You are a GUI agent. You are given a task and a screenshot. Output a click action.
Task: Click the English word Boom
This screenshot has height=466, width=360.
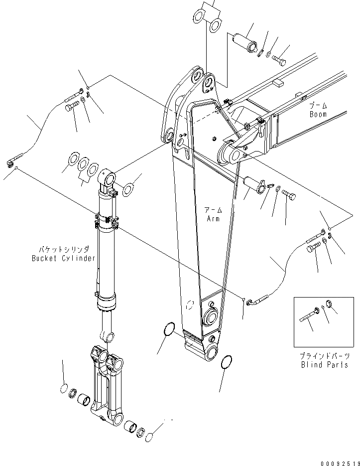click(318, 114)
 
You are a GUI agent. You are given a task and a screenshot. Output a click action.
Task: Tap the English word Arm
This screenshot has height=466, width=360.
click(213, 218)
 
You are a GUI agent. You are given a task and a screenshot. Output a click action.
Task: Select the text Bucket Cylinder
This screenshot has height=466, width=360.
click(63, 258)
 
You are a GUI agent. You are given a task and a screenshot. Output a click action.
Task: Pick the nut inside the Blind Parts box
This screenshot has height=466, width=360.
click(329, 304)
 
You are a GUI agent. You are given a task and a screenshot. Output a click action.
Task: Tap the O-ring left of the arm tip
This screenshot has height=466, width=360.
click(169, 329)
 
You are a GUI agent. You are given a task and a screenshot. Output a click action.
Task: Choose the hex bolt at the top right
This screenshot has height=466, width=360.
click(279, 61)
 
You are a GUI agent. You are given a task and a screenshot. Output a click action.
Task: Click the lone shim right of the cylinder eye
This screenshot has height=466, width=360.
click(127, 188)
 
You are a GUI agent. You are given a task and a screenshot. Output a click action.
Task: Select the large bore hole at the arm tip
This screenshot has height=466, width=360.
click(212, 351)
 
